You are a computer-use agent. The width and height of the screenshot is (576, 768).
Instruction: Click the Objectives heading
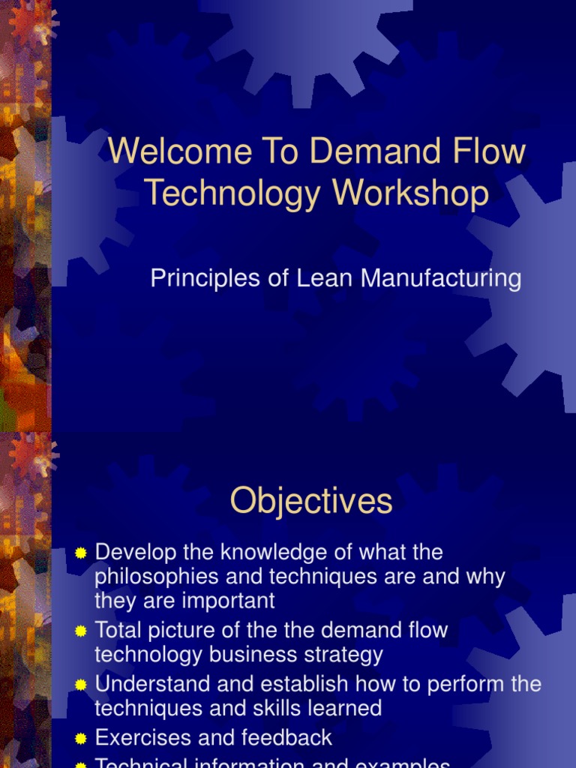coord(311,501)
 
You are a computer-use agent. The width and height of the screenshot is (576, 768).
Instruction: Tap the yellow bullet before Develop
coord(81,553)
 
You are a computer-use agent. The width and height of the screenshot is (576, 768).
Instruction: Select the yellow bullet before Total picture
coord(81,631)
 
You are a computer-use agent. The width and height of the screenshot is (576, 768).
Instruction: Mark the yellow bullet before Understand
coord(81,685)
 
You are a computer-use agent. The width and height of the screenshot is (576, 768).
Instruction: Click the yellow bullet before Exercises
coord(81,739)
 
